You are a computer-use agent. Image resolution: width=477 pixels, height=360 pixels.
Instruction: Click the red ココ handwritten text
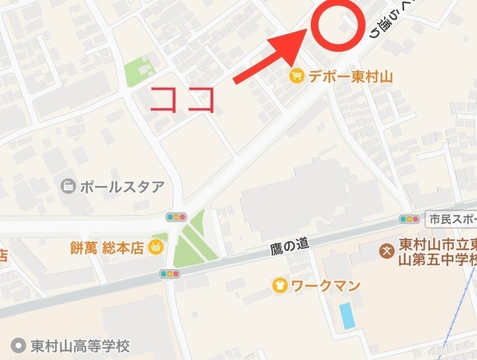(x=183, y=99)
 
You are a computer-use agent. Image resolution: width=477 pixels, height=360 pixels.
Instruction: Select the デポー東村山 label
(x=350, y=76)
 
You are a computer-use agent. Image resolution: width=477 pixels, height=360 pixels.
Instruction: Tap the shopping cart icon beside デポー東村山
(x=296, y=76)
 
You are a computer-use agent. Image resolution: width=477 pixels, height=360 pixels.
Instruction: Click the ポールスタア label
(x=122, y=187)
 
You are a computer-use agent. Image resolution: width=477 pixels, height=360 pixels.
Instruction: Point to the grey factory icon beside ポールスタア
(x=69, y=187)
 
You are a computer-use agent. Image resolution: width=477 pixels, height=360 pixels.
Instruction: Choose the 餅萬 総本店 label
(x=106, y=248)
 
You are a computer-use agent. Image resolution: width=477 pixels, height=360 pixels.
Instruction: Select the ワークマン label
(x=326, y=285)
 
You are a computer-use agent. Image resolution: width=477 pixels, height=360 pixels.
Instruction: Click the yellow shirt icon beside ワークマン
(x=280, y=285)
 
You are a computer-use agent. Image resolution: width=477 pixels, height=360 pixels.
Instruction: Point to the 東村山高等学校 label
(x=80, y=346)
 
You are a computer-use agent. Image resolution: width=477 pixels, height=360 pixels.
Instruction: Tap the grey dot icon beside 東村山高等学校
(x=19, y=346)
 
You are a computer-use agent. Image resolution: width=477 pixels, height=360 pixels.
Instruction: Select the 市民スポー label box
(x=451, y=219)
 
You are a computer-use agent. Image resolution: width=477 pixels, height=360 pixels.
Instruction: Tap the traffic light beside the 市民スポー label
(x=409, y=219)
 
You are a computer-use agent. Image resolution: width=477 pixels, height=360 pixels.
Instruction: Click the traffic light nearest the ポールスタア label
(x=176, y=217)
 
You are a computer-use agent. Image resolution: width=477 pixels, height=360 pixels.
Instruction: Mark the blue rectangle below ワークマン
(x=347, y=315)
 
